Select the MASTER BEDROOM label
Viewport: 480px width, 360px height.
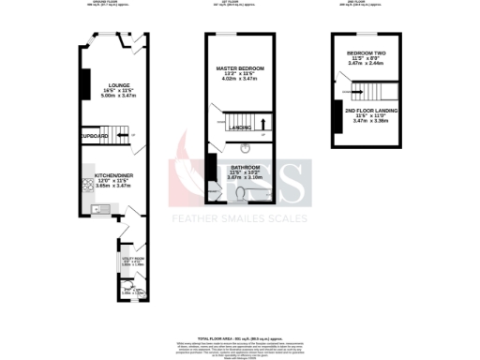coord(240,69)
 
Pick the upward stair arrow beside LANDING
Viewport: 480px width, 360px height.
coord(263,123)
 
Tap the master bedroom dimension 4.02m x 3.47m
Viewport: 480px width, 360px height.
coord(240,81)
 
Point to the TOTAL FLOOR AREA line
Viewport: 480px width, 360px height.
coord(240,336)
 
